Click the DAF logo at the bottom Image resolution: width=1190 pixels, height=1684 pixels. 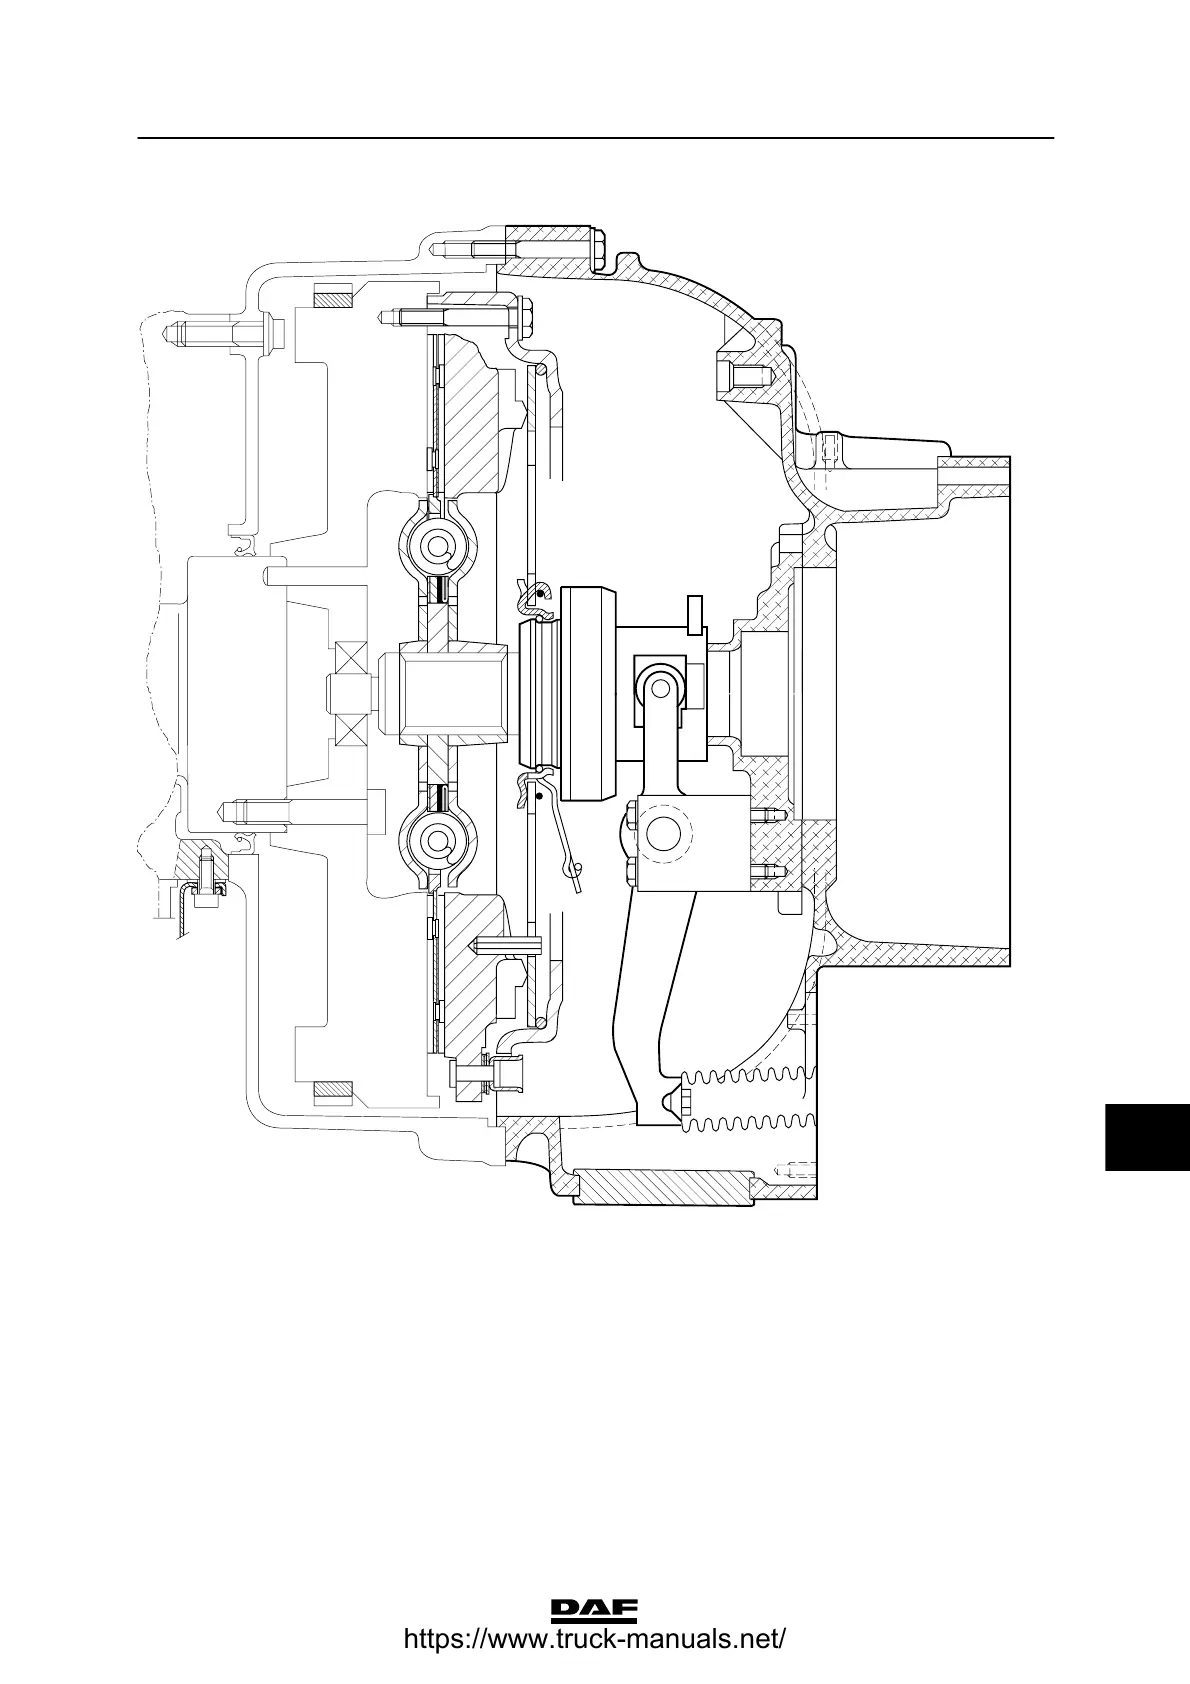tap(594, 1610)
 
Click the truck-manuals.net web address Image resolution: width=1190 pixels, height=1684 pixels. tap(594, 1641)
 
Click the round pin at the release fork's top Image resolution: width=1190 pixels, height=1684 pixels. tap(657, 687)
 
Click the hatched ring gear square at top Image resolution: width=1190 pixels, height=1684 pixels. tap(332, 297)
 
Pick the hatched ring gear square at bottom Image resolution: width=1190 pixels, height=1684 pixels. tap(332, 1088)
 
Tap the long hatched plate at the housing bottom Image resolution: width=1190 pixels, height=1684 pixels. tap(664, 1187)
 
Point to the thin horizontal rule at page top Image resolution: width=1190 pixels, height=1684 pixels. tap(595, 138)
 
